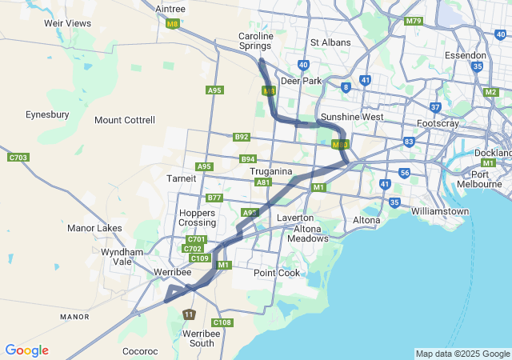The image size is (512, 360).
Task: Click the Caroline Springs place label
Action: coord(255,41)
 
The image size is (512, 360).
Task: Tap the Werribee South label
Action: coord(198,338)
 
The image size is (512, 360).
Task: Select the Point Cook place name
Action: coord(277,273)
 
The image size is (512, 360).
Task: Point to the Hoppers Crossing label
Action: coord(198,218)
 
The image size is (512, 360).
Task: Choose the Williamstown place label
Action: coord(440,211)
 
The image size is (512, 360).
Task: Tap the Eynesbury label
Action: coord(47,114)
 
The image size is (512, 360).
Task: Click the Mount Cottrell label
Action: coord(124,120)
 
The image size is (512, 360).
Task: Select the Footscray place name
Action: coord(438,124)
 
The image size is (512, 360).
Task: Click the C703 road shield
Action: coord(18,158)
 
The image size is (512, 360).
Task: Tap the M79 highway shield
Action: coord(413,21)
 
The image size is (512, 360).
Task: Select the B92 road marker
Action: coord(242,137)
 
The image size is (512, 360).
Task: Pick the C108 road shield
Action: coord(222,322)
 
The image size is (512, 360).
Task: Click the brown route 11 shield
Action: coord(188,314)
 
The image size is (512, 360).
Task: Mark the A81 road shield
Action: coord(262,182)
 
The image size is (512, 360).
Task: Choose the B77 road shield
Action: coord(214,198)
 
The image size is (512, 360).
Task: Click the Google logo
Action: coord(26,350)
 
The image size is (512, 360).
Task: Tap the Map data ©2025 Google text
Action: coord(462,354)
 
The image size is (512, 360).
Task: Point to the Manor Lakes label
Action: coord(94,228)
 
